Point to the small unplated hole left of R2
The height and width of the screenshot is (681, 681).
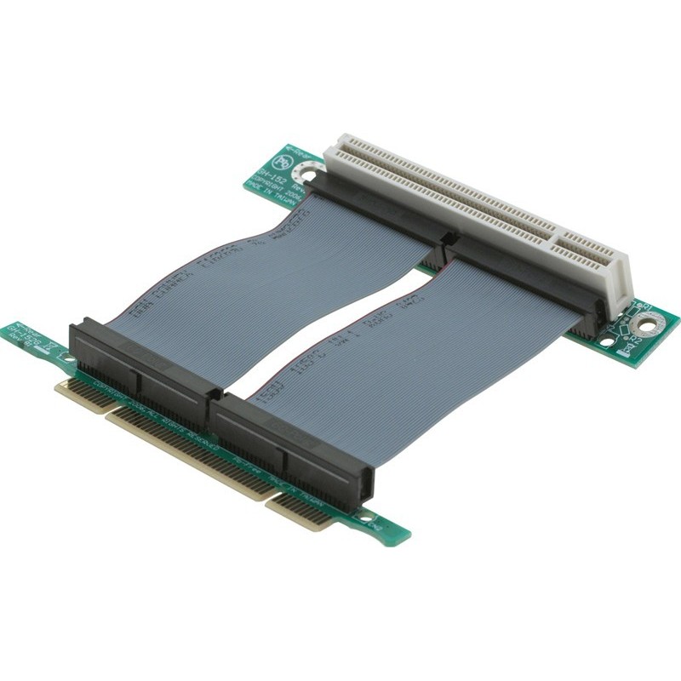[x=606, y=342]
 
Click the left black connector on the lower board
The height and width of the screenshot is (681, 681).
[x=145, y=362]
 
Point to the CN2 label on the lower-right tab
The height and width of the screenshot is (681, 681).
[x=375, y=526]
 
